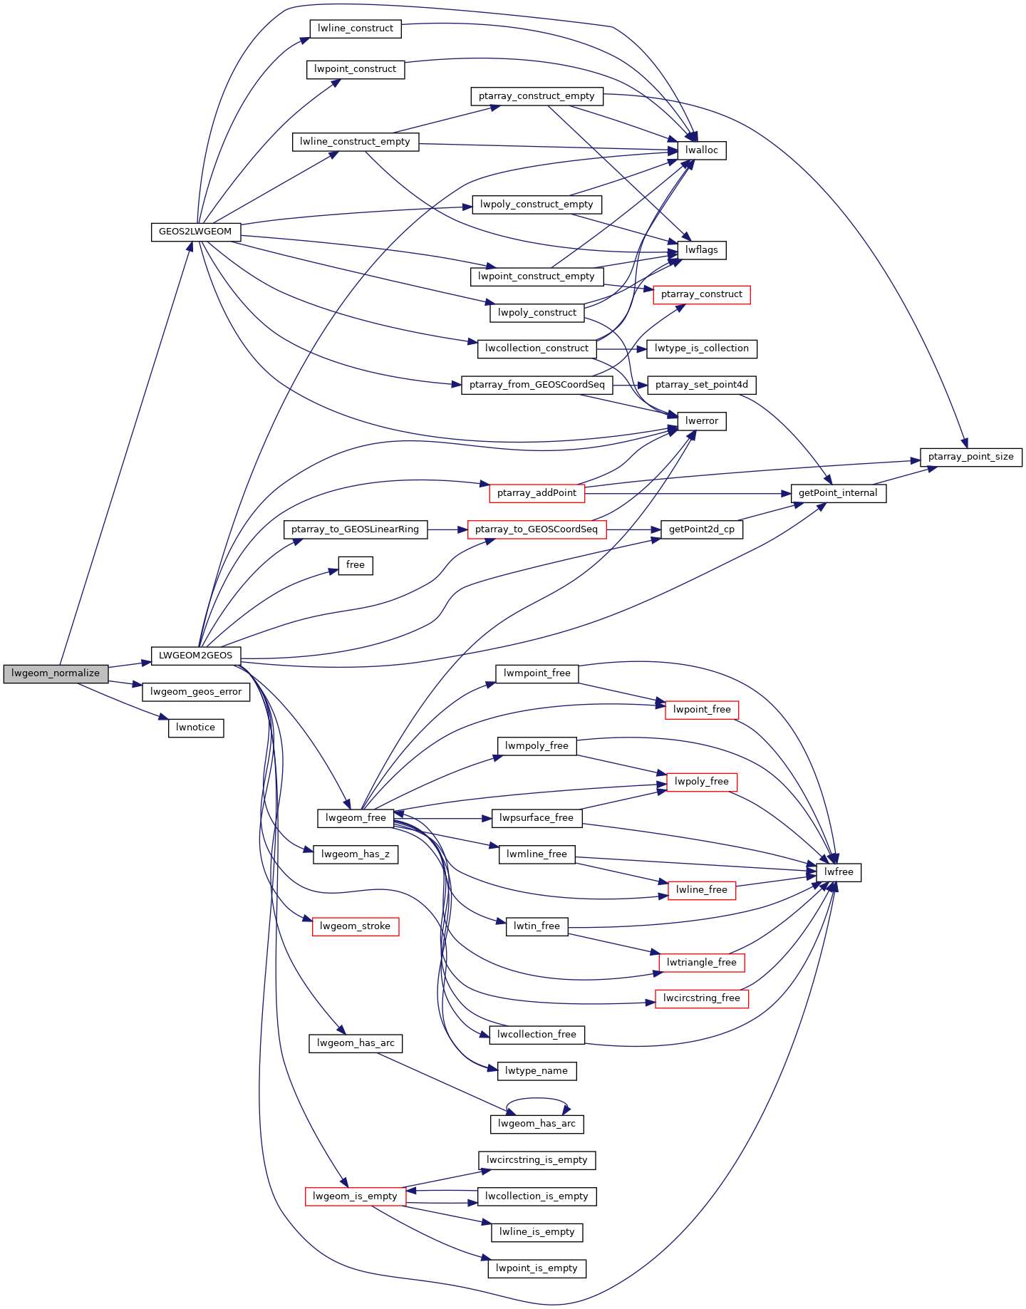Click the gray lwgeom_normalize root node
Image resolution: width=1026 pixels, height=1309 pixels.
[x=56, y=673]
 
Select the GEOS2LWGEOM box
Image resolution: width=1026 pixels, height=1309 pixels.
[x=196, y=232]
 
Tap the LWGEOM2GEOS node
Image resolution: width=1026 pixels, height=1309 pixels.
[x=196, y=656]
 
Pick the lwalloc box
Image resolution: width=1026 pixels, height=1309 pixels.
[x=702, y=150]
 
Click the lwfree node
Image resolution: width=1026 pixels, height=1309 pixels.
[x=839, y=872]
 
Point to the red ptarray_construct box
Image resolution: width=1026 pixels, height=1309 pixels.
[x=702, y=294]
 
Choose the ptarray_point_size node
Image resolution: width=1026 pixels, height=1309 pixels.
[x=971, y=457]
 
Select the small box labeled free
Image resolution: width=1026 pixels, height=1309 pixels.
[x=356, y=565]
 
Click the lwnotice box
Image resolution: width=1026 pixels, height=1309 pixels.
[x=196, y=728]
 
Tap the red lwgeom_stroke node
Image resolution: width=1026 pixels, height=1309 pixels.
[x=356, y=926]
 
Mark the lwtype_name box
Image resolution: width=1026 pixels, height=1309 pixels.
[x=537, y=1071]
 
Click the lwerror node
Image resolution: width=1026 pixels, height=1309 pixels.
[x=702, y=421]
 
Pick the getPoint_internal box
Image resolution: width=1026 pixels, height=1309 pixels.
[x=839, y=493]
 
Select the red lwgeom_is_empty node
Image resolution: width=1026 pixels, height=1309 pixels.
[x=356, y=1196]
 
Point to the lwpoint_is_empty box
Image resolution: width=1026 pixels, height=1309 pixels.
[x=537, y=1268]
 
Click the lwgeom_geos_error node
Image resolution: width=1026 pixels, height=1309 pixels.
[x=196, y=692]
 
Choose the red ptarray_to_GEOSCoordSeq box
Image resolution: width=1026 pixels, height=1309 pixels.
[x=537, y=529]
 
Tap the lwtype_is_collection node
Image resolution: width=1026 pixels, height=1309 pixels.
[x=702, y=348]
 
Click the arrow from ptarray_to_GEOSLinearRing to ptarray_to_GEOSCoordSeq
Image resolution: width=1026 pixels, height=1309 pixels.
[x=447, y=529]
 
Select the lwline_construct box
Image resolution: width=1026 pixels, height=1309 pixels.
[x=356, y=29]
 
